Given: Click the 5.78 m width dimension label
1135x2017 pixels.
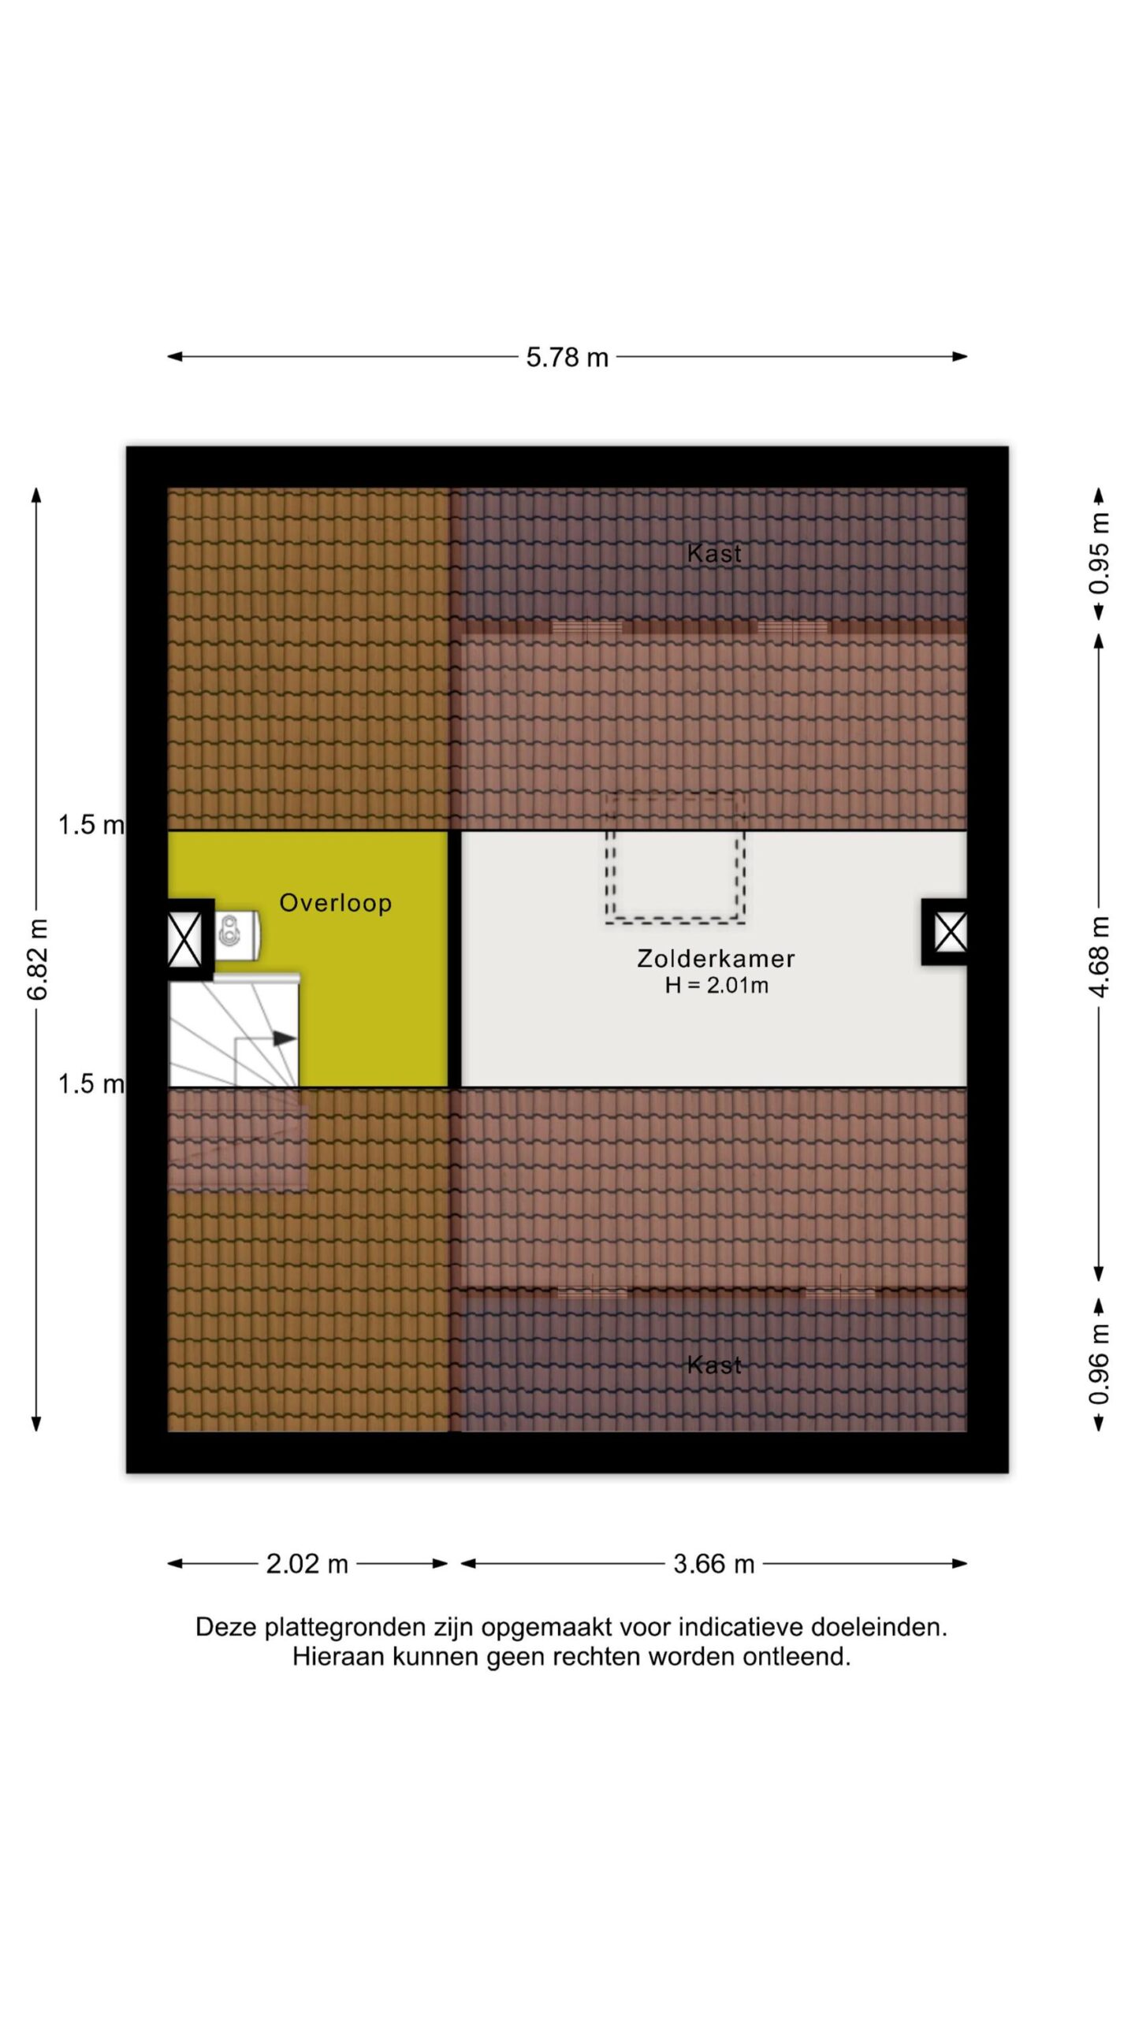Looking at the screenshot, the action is tap(567, 358).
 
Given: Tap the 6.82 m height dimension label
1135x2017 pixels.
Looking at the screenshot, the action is tap(37, 959).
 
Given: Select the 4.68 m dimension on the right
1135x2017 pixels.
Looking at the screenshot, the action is tap(1100, 957).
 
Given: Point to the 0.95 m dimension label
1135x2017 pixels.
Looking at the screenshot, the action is tap(1100, 553).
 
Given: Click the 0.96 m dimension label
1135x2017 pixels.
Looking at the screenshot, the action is tap(1100, 1364).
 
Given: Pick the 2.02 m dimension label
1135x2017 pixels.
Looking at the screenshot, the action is tap(307, 1563).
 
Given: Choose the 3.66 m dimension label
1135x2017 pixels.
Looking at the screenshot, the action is tap(714, 1563).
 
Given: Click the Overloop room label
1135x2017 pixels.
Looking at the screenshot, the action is tap(336, 903).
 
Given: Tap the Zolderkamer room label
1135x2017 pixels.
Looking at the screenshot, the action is tap(716, 959).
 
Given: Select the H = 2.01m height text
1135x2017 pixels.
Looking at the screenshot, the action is tap(716, 986).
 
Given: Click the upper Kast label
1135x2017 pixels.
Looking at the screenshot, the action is tap(714, 553).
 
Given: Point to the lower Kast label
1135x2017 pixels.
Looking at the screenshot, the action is tap(714, 1365).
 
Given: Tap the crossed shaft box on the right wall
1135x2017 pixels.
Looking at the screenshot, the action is tap(950, 933).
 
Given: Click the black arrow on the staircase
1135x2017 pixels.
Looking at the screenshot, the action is tap(284, 1039).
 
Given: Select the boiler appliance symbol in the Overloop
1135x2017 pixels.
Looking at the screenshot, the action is tap(236, 935).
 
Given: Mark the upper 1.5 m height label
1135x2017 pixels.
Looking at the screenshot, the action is tap(91, 825).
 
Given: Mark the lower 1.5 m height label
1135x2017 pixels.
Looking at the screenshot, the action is tap(91, 1084).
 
